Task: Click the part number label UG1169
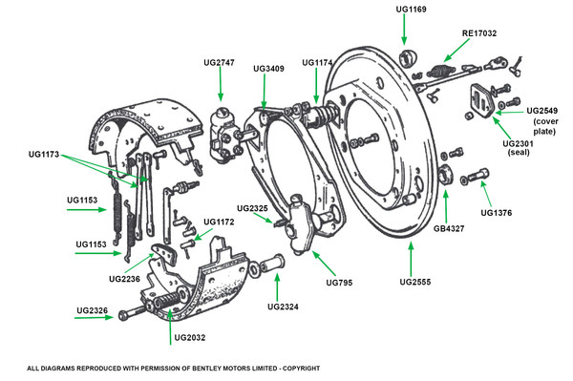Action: point(411,10)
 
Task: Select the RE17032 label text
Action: point(479,33)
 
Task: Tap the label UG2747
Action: point(219,62)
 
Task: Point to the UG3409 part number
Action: point(268,69)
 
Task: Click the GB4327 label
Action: point(449,228)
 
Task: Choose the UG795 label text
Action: point(339,283)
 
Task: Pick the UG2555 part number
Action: point(415,282)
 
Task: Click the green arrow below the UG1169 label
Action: point(404,30)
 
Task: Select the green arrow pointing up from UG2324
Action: point(277,287)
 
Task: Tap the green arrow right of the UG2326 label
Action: point(94,317)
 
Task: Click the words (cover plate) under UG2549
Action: point(545,126)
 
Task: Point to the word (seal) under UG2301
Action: point(519,153)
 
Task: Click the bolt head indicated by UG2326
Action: point(124,315)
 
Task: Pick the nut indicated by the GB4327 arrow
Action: point(445,175)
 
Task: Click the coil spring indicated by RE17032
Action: point(439,70)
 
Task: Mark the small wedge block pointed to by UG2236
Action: point(165,252)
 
